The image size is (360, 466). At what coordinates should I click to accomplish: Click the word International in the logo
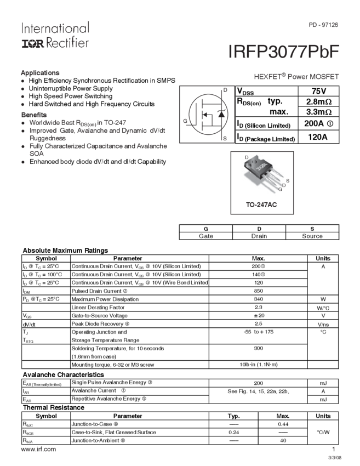tap(54, 28)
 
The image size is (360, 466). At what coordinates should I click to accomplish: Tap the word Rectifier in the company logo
tap(65, 42)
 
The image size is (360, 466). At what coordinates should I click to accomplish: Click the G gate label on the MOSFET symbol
tap(186, 121)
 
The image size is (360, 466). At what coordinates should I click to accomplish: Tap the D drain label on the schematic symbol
tap(225, 90)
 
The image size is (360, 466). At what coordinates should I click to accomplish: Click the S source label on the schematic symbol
tap(225, 139)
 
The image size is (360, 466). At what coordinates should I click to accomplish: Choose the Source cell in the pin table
tap(312, 237)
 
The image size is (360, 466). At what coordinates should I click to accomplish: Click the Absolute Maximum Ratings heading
tap(65, 251)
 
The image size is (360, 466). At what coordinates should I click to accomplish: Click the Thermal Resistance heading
tap(53, 408)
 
